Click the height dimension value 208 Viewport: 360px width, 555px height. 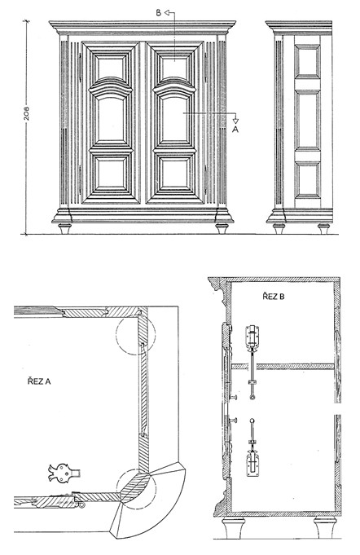(x=27, y=113)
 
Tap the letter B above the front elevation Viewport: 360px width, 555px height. (x=159, y=13)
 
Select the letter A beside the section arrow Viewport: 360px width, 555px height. (x=235, y=130)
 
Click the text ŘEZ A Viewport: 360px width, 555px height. (x=39, y=381)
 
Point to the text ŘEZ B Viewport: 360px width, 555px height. (x=274, y=296)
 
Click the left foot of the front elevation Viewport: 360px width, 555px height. (x=64, y=229)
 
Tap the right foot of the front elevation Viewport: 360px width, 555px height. (x=222, y=229)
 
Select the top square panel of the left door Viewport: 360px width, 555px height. (x=111, y=68)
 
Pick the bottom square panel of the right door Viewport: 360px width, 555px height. (x=174, y=174)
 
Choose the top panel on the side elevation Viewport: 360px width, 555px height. (x=307, y=61)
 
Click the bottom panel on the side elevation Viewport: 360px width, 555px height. (x=307, y=180)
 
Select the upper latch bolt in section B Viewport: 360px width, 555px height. (x=252, y=362)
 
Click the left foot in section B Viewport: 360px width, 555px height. (x=234, y=527)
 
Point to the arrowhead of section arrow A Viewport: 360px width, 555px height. (x=235, y=121)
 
